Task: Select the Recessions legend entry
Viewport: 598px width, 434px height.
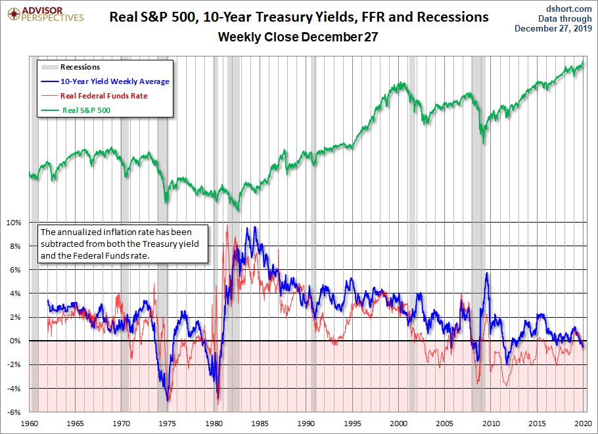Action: pos(80,67)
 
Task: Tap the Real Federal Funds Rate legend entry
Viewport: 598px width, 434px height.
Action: pos(104,96)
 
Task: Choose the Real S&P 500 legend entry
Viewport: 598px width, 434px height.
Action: pos(86,110)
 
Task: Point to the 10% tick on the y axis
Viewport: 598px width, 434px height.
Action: pos(14,223)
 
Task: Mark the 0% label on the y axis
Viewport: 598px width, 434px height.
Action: pos(15,341)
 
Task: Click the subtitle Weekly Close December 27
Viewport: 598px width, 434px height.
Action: pos(298,37)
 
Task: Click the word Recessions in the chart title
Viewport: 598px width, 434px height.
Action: pos(451,17)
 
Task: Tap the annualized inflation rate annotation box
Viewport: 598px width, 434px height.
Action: pos(124,244)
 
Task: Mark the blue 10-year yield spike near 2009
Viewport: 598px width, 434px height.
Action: pos(487,273)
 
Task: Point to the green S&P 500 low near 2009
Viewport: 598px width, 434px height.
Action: pos(483,142)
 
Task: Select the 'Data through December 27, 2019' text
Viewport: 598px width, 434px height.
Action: pos(556,23)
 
